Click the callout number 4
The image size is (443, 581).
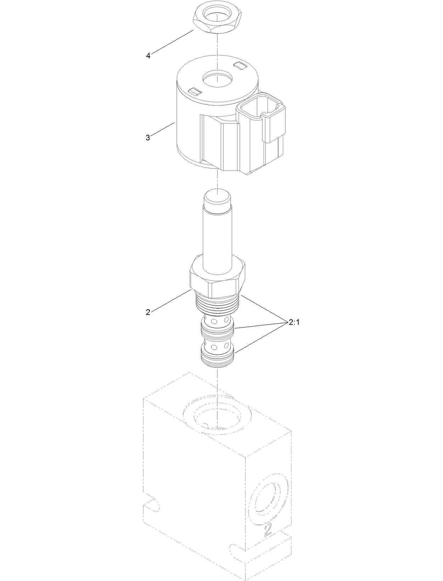148,56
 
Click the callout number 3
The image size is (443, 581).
148,138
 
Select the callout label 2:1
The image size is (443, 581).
294,323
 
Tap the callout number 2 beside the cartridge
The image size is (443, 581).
148,312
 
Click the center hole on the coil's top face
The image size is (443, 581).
217,77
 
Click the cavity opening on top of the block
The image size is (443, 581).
217,418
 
